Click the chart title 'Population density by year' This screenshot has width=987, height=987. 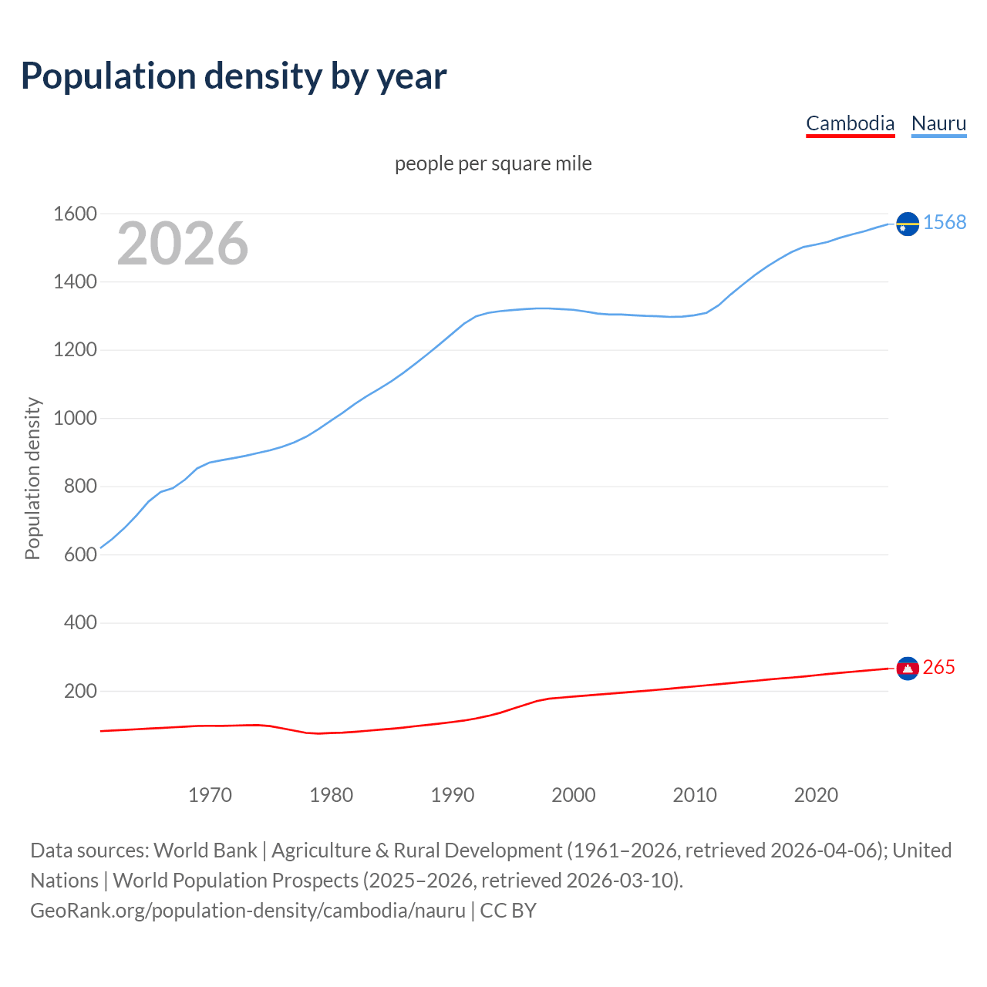pyautogui.click(x=234, y=76)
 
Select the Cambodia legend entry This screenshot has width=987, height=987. pyautogui.click(x=850, y=123)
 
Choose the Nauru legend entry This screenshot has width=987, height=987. pyautogui.click(x=938, y=123)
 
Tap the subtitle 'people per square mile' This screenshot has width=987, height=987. pyautogui.click(x=493, y=164)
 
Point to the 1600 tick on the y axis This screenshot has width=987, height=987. pyautogui.click(x=75, y=214)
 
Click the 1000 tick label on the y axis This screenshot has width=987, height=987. pyautogui.click(x=75, y=418)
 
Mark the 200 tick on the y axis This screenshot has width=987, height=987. pyautogui.click(x=80, y=691)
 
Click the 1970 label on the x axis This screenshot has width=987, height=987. pyautogui.click(x=210, y=795)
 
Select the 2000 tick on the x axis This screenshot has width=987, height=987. pyautogui.click(x=573, y=795)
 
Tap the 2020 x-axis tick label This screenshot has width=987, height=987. pyautogui.click(x=816, y=795)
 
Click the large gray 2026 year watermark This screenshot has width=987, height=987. pyautogui.click(x=183, y=244)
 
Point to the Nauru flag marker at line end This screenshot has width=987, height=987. pyautogui.click(x=908, y=224)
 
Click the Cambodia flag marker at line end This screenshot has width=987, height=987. pyautogui.click(x=908, y=668)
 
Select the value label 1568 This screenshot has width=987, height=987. pyautogui.click(x=945, y=223)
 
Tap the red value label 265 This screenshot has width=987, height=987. pyautogui.click(x=938, y=668)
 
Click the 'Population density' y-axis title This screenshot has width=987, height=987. pyautogui.click(x=32, y=478)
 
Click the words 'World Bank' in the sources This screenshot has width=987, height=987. pyautogui.click(x=205, y=851)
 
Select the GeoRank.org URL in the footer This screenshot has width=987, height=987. pyautogui.click(x=248, y=911)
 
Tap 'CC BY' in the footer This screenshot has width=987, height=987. pyautogui.click(x=508, y=911)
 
